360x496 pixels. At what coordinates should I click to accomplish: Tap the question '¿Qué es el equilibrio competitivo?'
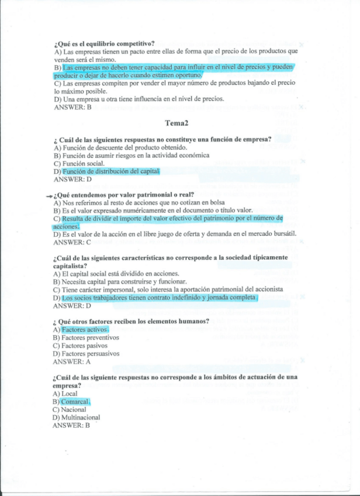pos(104,43)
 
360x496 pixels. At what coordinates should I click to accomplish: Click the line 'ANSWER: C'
pos(72,242)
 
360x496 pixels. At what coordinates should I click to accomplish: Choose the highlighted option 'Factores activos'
pos(85,330)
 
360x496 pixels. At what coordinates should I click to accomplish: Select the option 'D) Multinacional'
pos(76,418)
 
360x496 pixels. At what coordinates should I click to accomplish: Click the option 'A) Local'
pos(65,394)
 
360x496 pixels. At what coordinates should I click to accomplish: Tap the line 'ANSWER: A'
pos(72,361)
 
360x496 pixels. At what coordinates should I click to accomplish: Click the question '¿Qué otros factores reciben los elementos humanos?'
pos(131,322)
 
